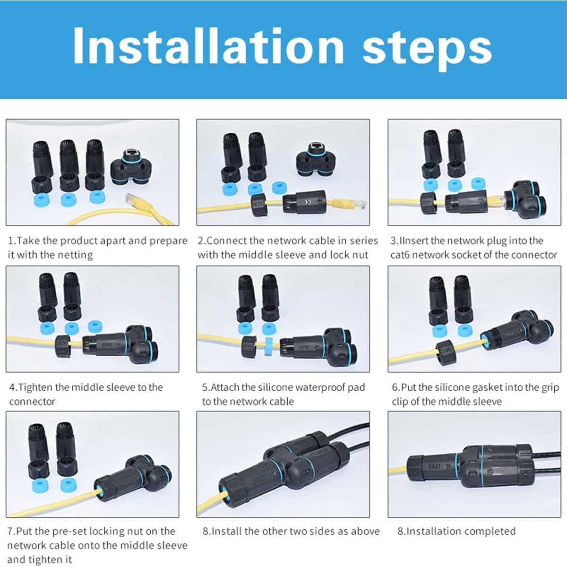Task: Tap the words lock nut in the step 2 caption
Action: coord(349,255)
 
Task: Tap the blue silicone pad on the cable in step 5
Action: coord(268,346)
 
